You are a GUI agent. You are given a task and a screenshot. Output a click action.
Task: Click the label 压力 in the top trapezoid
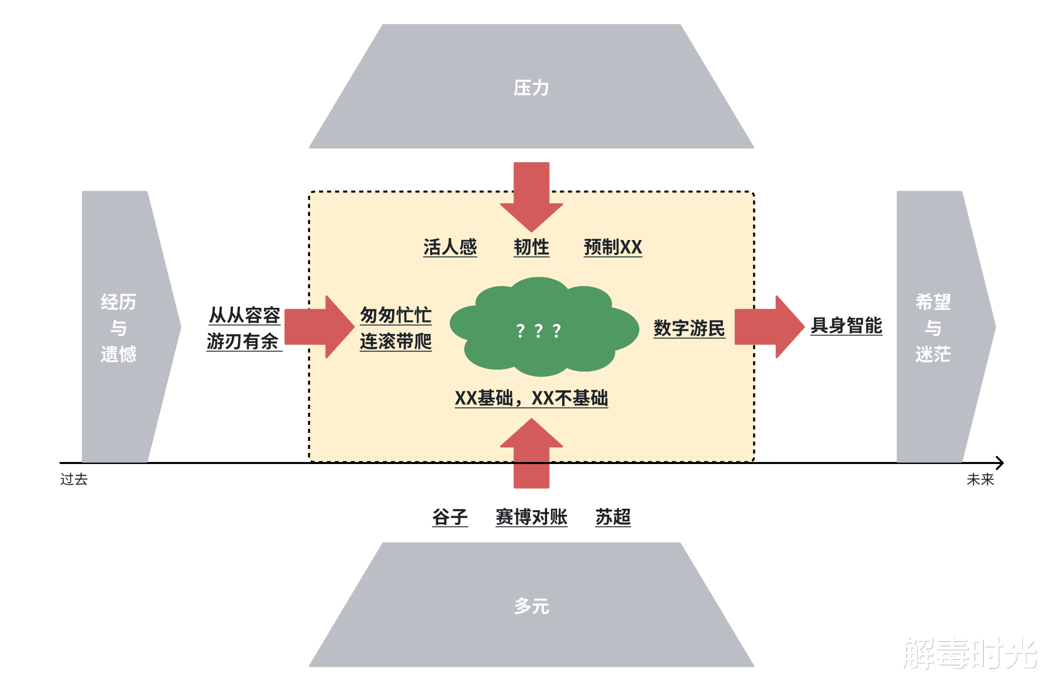pyautogui.click(x=531, y=88)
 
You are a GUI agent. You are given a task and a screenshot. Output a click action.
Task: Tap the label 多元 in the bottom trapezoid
pyautogui.click(x=531, y=606)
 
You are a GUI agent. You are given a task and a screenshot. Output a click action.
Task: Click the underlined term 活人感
pyautogui.click(x=450, y=247)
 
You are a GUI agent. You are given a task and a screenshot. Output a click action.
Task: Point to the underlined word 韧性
pyautogui.click(x=531, y=247)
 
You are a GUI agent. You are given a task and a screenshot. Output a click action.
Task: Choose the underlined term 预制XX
pyautogui.click(x=613, y=247)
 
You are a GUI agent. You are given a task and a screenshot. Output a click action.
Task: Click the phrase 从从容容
pyautogui.click(x=244, y=315)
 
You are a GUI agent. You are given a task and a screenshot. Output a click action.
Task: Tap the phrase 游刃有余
pyautogui.click(x=243, y=341)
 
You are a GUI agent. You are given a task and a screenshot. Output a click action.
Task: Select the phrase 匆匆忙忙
pyautogui.click(x=395, y=315)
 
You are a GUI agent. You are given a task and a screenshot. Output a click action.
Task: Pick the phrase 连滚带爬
pyautogui.click(x=395, y=341)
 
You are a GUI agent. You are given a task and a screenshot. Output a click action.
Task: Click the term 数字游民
pyautogui.click(x=689, y=328)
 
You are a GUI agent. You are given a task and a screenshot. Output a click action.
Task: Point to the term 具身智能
pyautogui.click(x=846, y=325)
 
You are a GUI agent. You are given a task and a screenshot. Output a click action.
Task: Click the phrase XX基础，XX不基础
pyautogui.click(x=531, y=398)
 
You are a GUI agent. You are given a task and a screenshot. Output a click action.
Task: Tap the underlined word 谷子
pyautogui.click(x=450, y=517)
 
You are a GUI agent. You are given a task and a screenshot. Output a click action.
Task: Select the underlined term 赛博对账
pyautogui.click(x=531, y=517)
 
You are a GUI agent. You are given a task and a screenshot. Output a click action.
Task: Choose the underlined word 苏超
pyautogui.click(x=613, y=517)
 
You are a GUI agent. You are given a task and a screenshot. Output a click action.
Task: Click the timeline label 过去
pyautogui.click(x=74, y=480)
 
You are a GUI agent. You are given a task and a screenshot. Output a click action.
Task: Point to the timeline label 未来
pyautogui.click(x=980, y=480)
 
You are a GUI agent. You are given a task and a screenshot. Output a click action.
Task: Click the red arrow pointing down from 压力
pyautogui.click(x=531, y=196)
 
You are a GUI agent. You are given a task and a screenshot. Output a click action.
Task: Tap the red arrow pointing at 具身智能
pyautogui.click(x=768, y=327)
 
